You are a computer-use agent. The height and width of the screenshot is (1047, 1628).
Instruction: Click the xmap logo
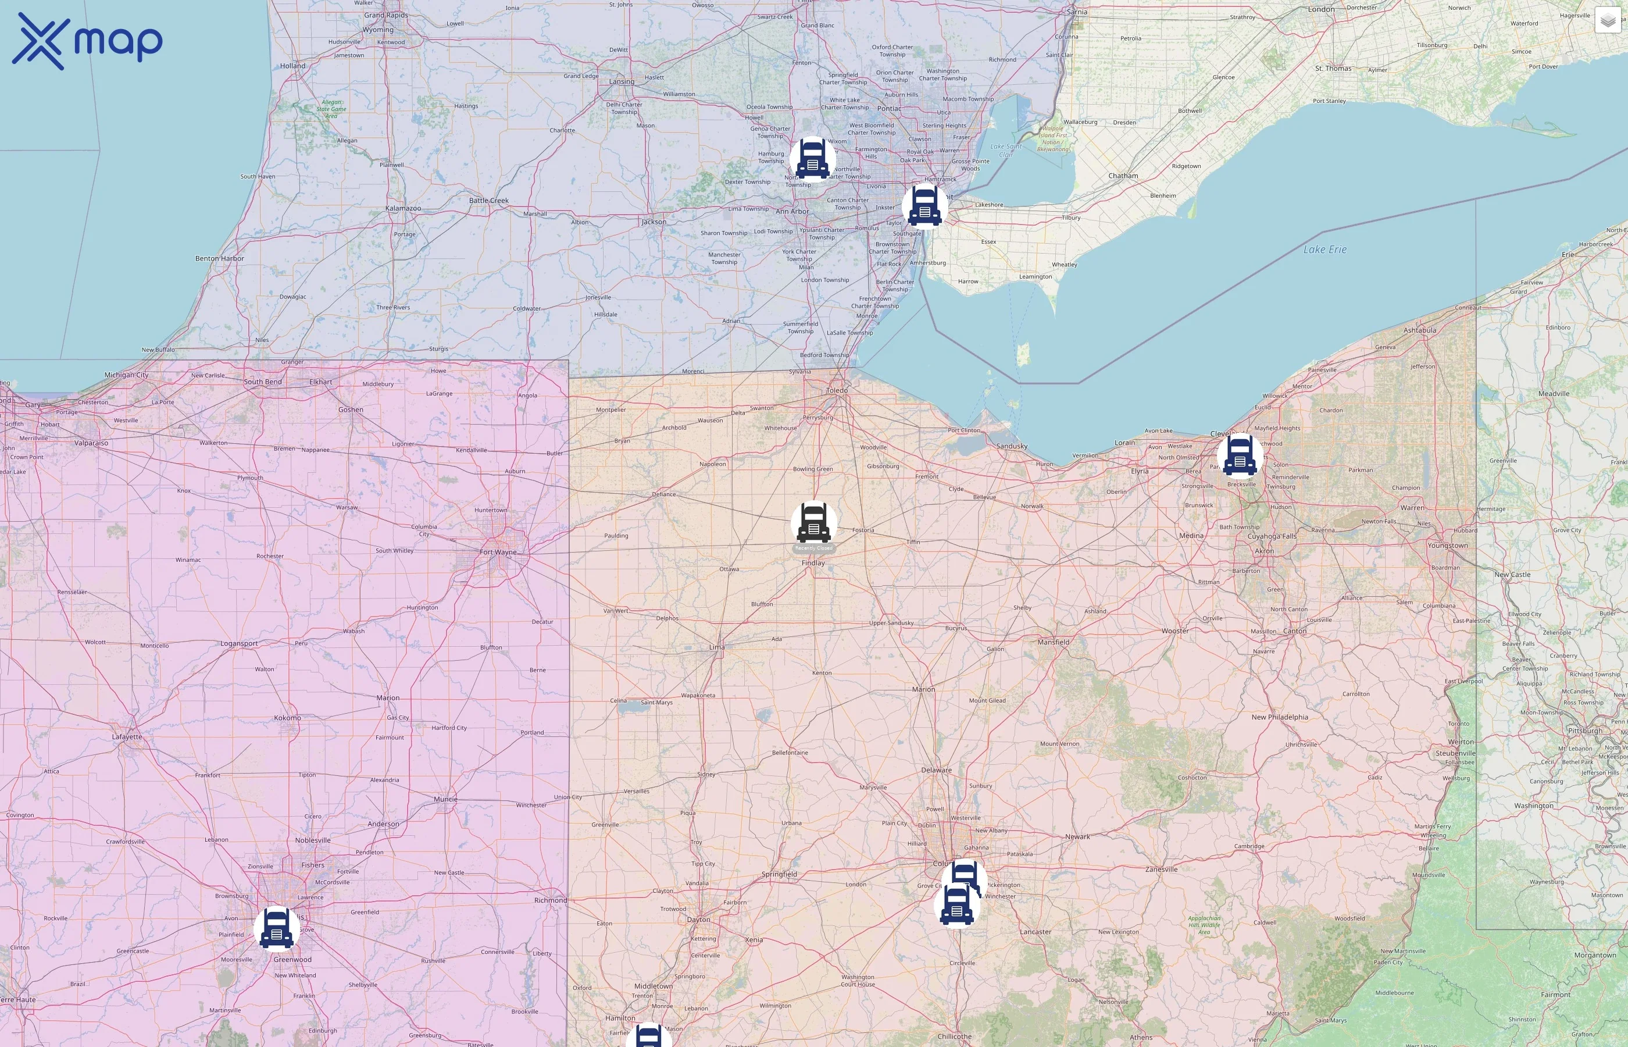tap(87, 41)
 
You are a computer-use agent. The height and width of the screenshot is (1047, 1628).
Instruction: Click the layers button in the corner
tap(1608, 20)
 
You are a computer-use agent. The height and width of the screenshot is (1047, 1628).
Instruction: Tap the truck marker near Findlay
tap(813, 523)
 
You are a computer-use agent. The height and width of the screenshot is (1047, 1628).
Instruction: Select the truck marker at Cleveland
tap(1240, 455)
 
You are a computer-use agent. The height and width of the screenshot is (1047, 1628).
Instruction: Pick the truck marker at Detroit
tap(924, 206)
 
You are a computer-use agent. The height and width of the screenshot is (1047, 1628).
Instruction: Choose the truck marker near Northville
tap(813, 159)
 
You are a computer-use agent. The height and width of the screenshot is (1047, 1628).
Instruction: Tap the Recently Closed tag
tap(813, 548)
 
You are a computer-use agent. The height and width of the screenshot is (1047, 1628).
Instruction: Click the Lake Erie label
tap(1324, 250)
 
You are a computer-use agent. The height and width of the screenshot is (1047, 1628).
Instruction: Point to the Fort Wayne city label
tap(498, 552)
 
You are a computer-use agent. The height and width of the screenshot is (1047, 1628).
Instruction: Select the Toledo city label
tap(837, 390)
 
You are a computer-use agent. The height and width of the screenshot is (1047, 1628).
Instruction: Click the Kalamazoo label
tap(403, 208)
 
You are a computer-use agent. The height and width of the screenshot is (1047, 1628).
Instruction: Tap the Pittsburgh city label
tap(1584, 731)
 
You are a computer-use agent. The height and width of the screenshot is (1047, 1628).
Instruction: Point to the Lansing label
tap(622, 81)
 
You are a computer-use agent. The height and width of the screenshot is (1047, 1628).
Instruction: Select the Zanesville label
tap(1161, 869)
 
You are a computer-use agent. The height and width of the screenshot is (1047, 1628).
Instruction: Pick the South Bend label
tap(263, 382)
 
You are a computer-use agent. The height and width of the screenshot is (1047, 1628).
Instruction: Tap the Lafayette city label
tap(127, 736)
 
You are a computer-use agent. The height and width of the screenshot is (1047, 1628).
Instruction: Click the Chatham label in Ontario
tap(1123, 176)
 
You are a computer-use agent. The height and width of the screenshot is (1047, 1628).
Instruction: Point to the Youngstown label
tap(1447, 545)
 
